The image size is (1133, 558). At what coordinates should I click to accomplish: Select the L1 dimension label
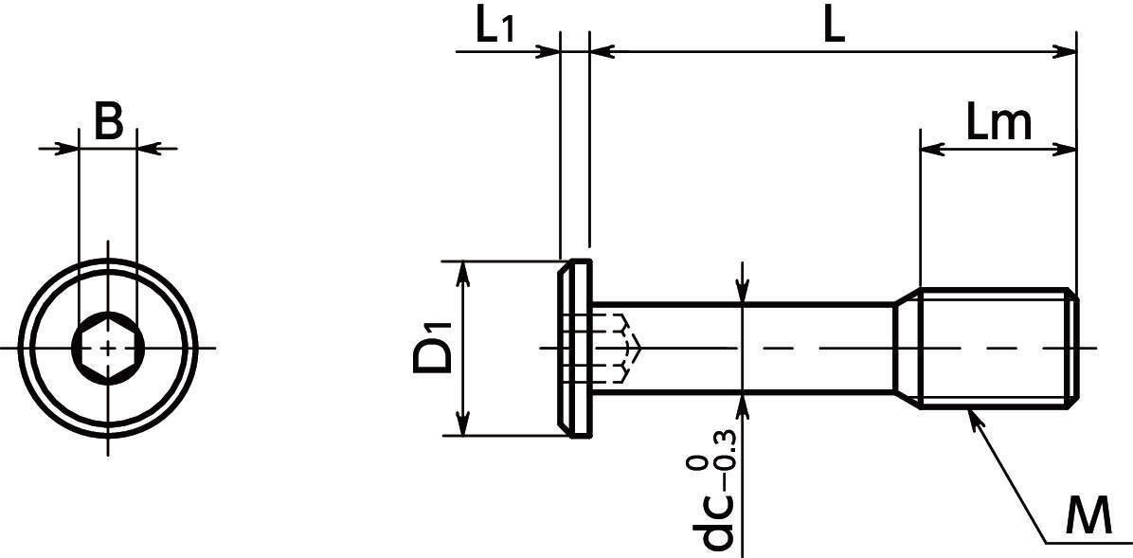495,29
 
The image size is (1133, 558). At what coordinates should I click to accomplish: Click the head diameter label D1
432,349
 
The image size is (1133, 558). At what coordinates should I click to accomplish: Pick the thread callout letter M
1088,517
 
